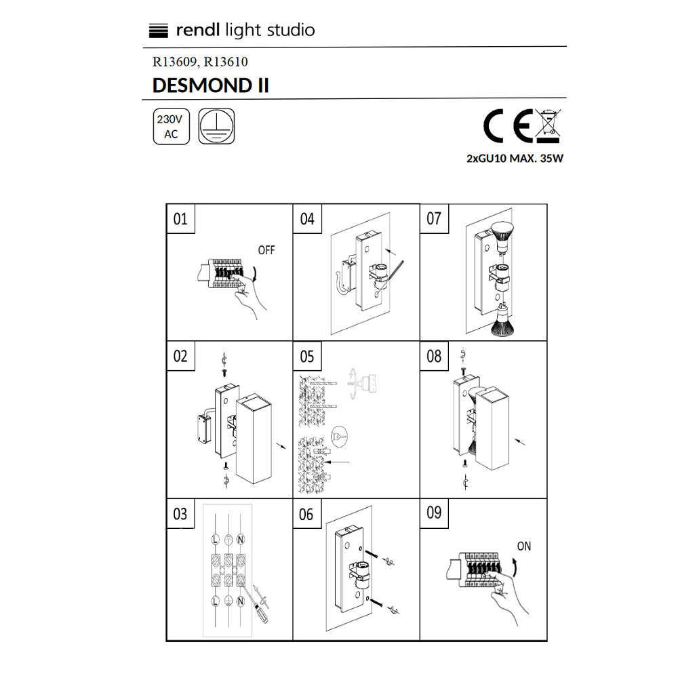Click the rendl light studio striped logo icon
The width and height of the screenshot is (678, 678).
point(158,31)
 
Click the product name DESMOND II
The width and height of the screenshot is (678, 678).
point(211,85)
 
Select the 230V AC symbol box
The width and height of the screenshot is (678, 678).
point(172,126)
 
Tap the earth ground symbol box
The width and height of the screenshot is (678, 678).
point(216,126)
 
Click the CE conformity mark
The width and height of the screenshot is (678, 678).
point(508,126)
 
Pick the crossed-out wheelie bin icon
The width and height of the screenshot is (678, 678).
point(548,125)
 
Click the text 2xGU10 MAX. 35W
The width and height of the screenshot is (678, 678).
point(515,159)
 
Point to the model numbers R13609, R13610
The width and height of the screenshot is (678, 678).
point(200,62)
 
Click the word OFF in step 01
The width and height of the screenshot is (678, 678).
point(266,250)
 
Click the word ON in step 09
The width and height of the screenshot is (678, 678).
point(523,546)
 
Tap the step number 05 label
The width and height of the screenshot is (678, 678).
point(306,357)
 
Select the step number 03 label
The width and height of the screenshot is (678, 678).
point(180,514)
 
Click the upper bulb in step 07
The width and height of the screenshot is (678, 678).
point(503,237)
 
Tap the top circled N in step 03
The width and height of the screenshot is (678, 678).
point(241,539)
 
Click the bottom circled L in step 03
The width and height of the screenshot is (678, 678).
point(215,601)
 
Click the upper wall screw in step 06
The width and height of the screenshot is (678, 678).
point(372,555)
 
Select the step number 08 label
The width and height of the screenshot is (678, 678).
point(434,357)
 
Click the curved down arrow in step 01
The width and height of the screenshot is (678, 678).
point(255,274)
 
